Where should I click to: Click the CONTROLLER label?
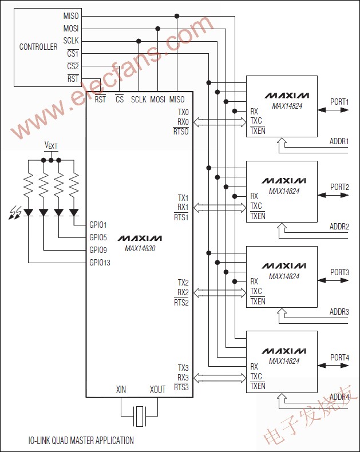coord(38,47)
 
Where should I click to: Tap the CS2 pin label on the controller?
coord(73,66)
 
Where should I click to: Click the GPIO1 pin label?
coord(98,225)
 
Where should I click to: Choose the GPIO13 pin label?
coord(100,263)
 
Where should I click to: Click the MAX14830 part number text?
coord(140,248)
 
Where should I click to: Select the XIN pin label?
coord(121,390)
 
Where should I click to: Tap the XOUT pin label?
coord(157,390)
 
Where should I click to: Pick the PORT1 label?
coord(339,102)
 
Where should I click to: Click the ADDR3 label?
coord(339,312)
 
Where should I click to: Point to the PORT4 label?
coord(339,358)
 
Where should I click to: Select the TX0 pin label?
coord(183,112)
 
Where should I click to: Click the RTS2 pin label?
coord(181,302)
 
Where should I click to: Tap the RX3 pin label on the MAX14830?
coord(183,377)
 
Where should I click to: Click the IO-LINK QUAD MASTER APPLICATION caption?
coord(81,441)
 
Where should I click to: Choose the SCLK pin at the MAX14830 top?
coord(139,100)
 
